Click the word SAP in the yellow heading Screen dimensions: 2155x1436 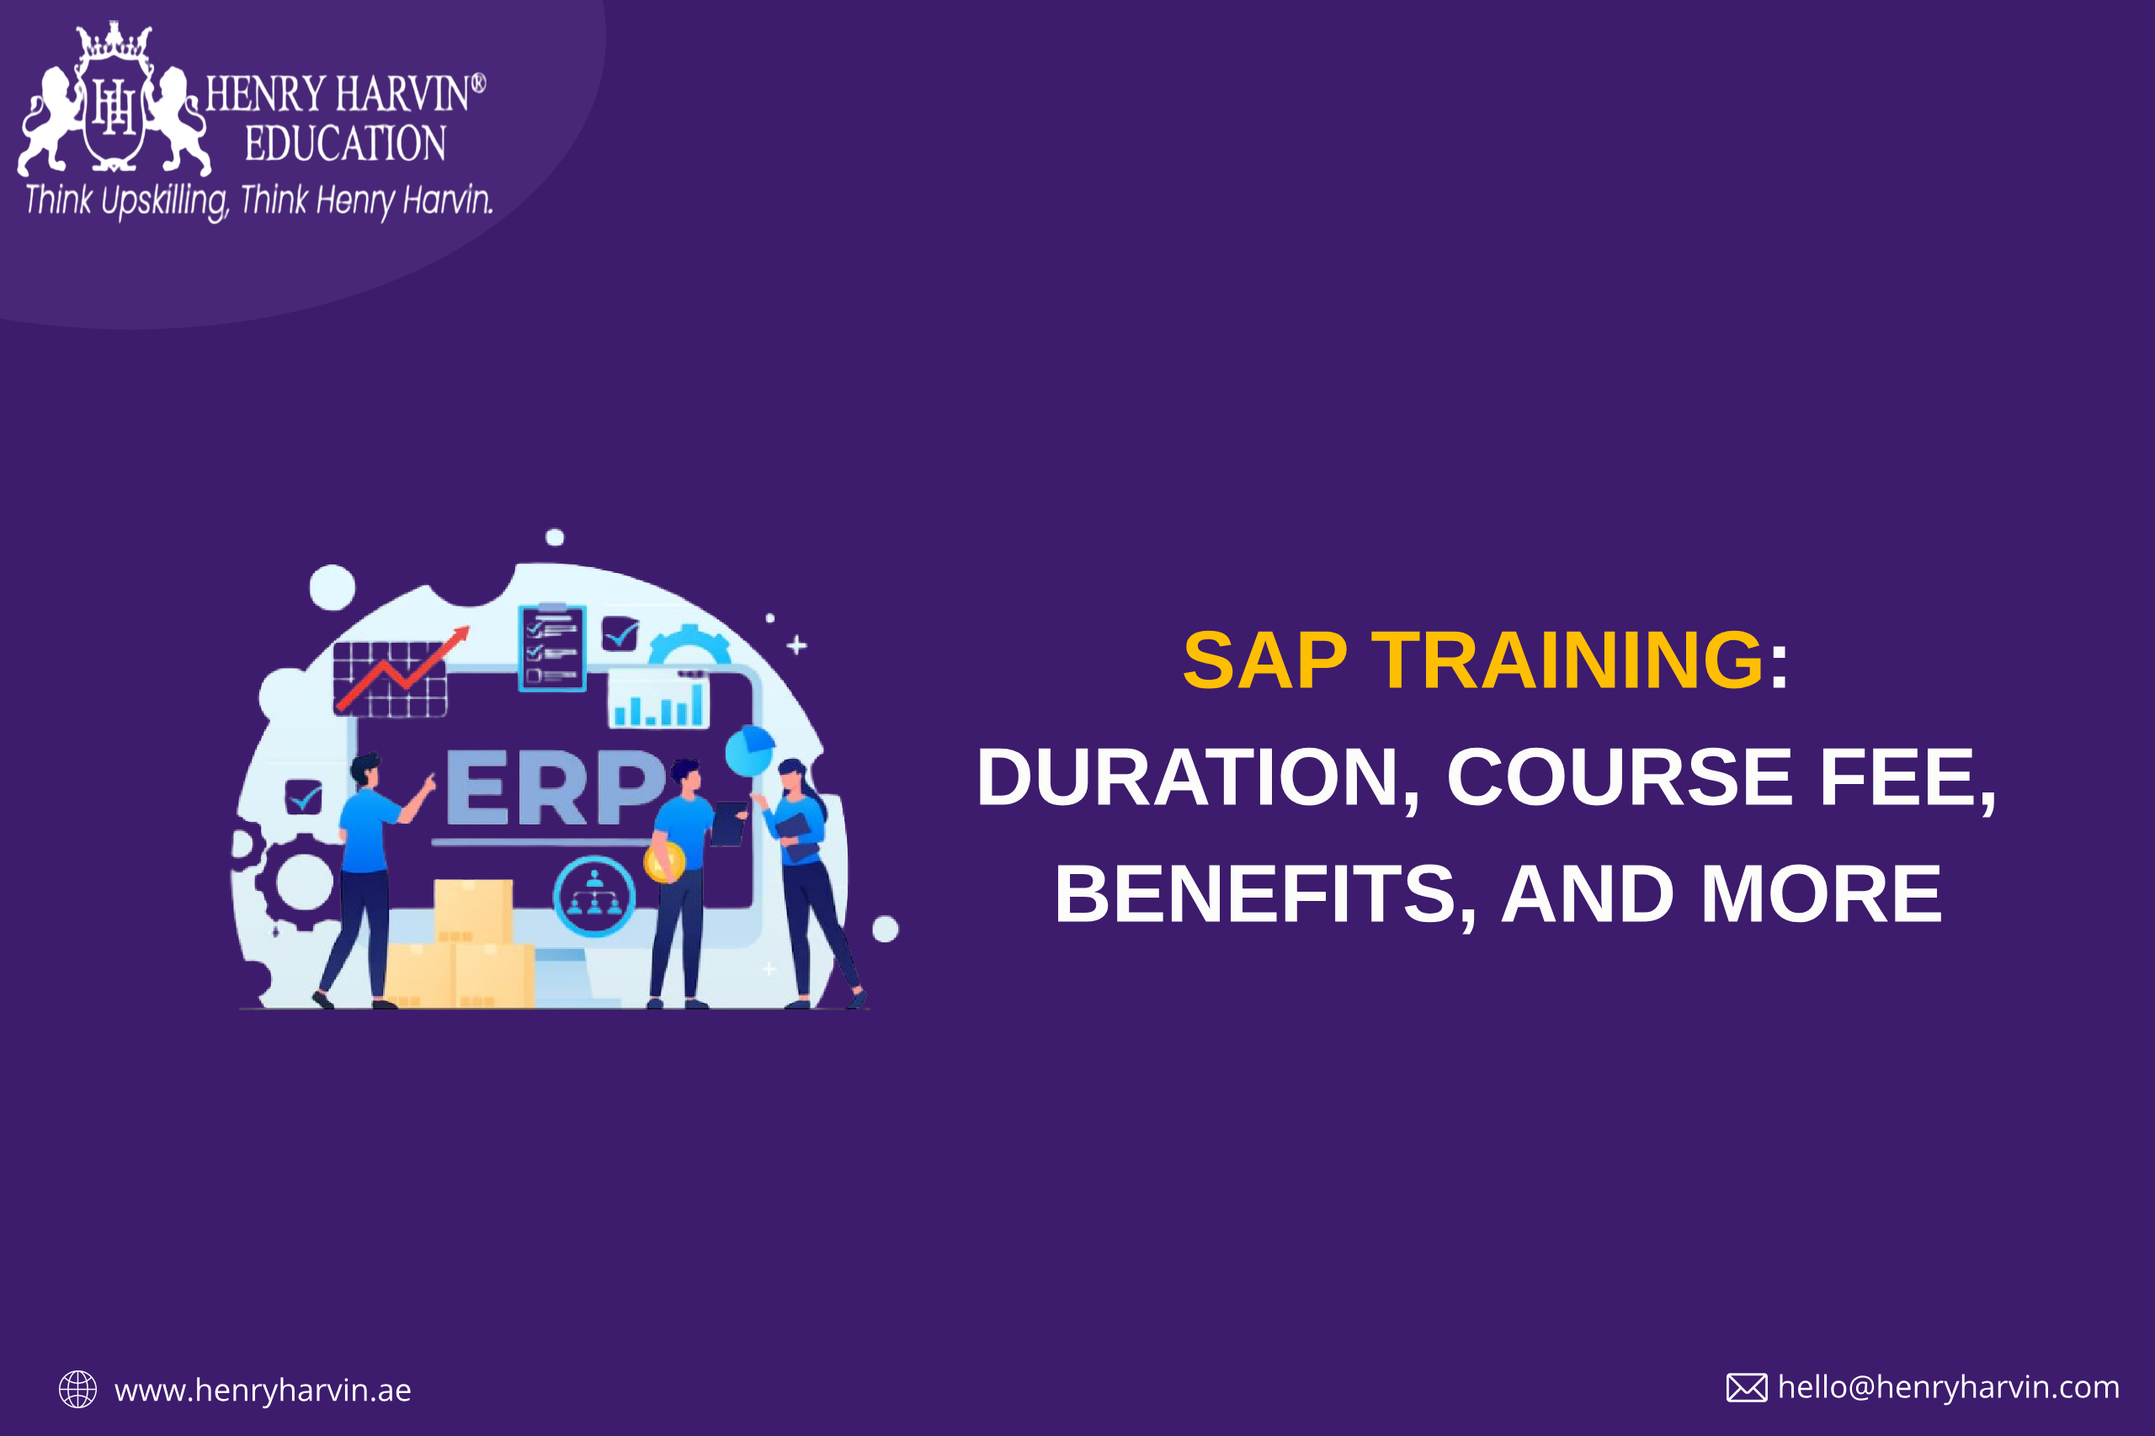tap(1264, 660)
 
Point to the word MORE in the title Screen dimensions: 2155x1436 tap(1821, 894)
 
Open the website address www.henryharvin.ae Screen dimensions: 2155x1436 tap(263, 1391)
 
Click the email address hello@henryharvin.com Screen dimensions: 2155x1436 tap(1949, 1387)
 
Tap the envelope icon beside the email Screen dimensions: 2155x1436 tap(1748, 1387)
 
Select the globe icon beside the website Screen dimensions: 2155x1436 tap(78, 1389)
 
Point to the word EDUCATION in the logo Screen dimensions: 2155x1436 tap(345, 144)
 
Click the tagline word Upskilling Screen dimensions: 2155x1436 tap(165, 200)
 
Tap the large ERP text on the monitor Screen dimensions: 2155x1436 tap(555, 787)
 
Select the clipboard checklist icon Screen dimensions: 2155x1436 tap(551, 648)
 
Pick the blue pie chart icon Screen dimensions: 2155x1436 tap(750, 750)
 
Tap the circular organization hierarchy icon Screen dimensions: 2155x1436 tap(593, 897)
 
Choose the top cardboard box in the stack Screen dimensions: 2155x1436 tap(474, 910)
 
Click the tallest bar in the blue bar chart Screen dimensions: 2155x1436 tap(697, 704)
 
